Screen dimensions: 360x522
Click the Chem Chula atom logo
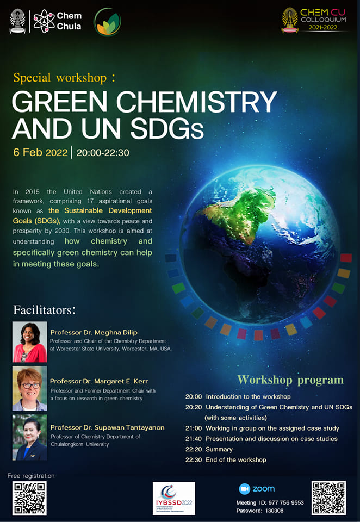44,21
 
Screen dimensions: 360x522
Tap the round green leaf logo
107,22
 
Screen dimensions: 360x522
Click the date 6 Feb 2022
41,152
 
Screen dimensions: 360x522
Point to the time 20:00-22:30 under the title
103,153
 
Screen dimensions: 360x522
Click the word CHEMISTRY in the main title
196,102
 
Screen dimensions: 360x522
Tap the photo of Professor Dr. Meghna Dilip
30,342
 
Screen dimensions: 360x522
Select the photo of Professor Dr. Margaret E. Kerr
30,388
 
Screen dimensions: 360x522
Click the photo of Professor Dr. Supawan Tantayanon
30,437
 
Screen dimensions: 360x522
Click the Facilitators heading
45,310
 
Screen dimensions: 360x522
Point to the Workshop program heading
290,380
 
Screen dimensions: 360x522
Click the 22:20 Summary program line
209,450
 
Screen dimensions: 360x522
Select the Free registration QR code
29,498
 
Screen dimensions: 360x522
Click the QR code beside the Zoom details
328,498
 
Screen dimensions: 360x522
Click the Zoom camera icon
244,489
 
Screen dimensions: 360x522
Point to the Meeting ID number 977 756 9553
285,502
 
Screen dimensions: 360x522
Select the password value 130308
275,511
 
